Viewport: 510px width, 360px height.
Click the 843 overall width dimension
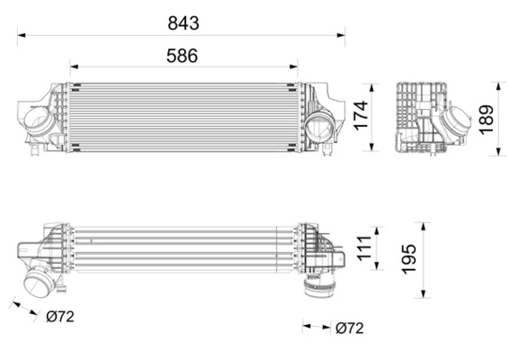182,22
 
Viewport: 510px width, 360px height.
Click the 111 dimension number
363,247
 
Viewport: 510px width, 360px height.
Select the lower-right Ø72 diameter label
351,328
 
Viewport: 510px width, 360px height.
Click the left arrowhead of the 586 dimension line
73,66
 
